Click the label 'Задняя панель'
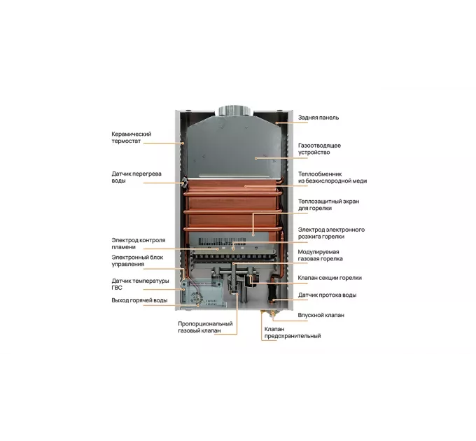click(318, 118)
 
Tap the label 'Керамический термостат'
click(131, 137)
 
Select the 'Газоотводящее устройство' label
click(319, 148)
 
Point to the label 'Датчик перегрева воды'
click(136, 177)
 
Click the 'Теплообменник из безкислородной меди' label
click(332, 178)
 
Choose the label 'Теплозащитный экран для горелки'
click(328, 205)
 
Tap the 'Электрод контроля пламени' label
click(139, 244)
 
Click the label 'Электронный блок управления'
click(137, 260)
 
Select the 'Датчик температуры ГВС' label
click(140, 284)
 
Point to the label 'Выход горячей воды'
click(139, 300)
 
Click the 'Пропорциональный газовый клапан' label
click(205, 327)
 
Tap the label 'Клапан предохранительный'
click(293, 332)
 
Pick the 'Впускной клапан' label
click(321, 315)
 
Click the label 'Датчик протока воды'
click(327, 295)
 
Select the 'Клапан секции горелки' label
click(330, 278)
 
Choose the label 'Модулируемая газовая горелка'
click(321, 255)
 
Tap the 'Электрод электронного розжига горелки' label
click(331, 233)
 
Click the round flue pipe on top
click(234, 111)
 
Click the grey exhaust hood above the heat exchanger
click(234, 146)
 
